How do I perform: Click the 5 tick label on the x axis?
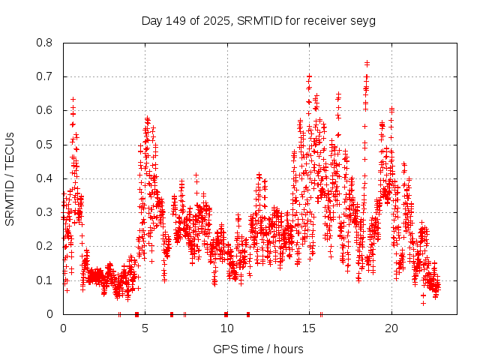tap(145, 328)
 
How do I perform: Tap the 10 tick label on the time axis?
tap(227, 328)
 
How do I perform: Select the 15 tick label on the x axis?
tap(309, 328)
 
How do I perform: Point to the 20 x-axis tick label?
tap(391, 328)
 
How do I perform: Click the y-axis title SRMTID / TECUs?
tap(10, 178)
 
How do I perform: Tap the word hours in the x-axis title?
tap(288, 349)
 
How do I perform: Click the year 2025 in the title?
tap(217, 20)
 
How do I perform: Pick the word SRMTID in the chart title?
tap(258, 20)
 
